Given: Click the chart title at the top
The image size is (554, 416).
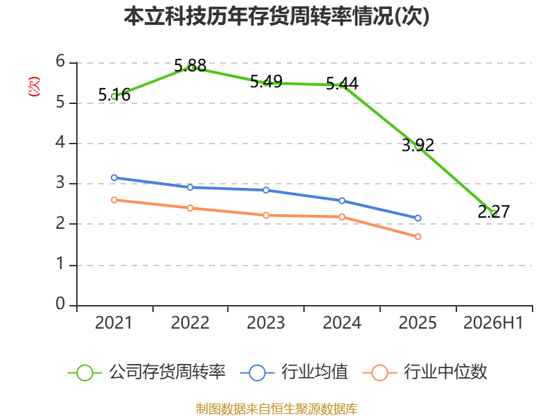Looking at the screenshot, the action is coord(276,16).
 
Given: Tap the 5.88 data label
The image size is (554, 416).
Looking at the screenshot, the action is coord(190,66).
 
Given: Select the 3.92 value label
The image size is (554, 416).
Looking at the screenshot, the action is coord(418,146).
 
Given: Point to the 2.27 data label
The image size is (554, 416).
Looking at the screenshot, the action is coord(494,211).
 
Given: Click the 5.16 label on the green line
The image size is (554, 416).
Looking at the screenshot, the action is coord(114,95).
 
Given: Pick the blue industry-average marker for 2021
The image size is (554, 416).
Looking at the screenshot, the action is coord(114,177).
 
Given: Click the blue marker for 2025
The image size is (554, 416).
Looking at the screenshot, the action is coord(418,218).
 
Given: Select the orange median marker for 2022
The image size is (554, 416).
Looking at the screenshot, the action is coord(190,208).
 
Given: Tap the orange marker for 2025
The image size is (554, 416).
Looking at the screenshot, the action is coord(418,236).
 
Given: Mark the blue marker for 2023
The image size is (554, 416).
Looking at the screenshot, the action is coord(266,190).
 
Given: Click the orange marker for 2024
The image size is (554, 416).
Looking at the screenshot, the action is coord(342,217).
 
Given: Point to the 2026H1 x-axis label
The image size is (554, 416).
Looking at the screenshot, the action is coord(493,323).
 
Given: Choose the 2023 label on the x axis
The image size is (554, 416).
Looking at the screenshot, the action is coord(266,323).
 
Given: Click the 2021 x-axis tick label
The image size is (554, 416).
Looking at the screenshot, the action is coord(114,323).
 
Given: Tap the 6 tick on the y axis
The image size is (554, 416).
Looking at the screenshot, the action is coord(60,61).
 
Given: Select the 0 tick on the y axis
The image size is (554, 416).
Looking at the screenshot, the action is coord(60,304).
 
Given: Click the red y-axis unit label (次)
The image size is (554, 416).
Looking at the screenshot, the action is coord(34,87).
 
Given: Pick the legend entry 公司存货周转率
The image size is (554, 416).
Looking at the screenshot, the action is coord(147,372).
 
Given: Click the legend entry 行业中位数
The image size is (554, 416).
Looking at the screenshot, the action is coord(425,372).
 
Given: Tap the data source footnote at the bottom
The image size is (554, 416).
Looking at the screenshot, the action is coord(277,409).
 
